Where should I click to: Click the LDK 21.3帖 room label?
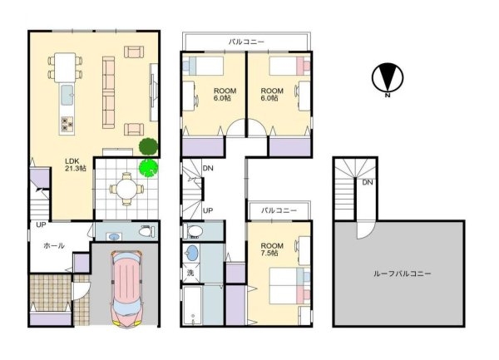pyautogui.click(x=76, y=165)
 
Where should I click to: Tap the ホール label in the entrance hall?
pyautogui.click(x=54, y=245)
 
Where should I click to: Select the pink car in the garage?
pyautogui.click(x=126, y=288)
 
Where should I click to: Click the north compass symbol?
pyautogui.click(x=388, y=78)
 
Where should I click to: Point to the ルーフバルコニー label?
pyautogui.click(x=402, y=274)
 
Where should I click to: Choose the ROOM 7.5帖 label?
pyautogui.click(x=272, y=249)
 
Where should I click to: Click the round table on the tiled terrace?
pyautogui.click(x=126, y=190)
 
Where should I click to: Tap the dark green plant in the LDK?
pyautogui.click(x=148, y=146)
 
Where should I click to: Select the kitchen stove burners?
pyautogui.click(x=67, y=124)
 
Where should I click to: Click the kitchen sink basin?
pyautogui.click(x=67, y=95)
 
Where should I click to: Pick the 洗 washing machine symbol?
pyautogui.click(x=190, y=273)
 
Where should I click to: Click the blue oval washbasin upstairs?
pyautogui.click(x=192, y=253)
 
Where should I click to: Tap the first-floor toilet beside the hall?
pyautogui.click(x=146, y=231)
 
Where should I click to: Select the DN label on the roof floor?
pyautogui.click(x=368, y=182)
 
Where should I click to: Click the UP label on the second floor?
pyautogui.click(x=208, y=210)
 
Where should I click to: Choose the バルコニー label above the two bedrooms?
pyautogui.click(x=246, y=42)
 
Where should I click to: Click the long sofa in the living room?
pyautogui.click(x=108, y=92)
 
